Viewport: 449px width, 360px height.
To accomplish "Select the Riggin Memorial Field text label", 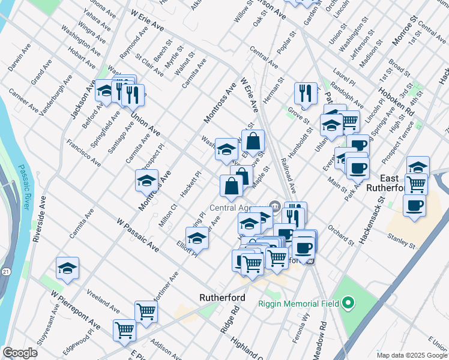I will (x=290, y=302).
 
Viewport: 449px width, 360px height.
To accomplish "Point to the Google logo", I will (x=20, y=353).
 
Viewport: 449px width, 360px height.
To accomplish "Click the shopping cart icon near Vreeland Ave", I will (x=146, y=311).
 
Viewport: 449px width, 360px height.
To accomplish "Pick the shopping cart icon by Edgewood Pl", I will (x=124, y=330).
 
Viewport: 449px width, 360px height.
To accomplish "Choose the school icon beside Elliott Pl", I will (x=197, y=238).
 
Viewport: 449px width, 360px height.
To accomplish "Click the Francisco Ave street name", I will (x=83, y=154).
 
